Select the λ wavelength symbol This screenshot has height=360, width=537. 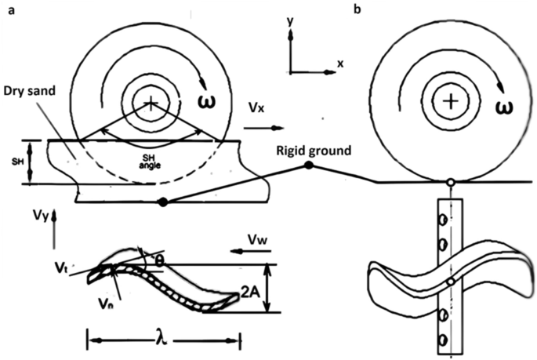click(162, 341)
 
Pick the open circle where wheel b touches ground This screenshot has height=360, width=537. click(449, 184)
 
